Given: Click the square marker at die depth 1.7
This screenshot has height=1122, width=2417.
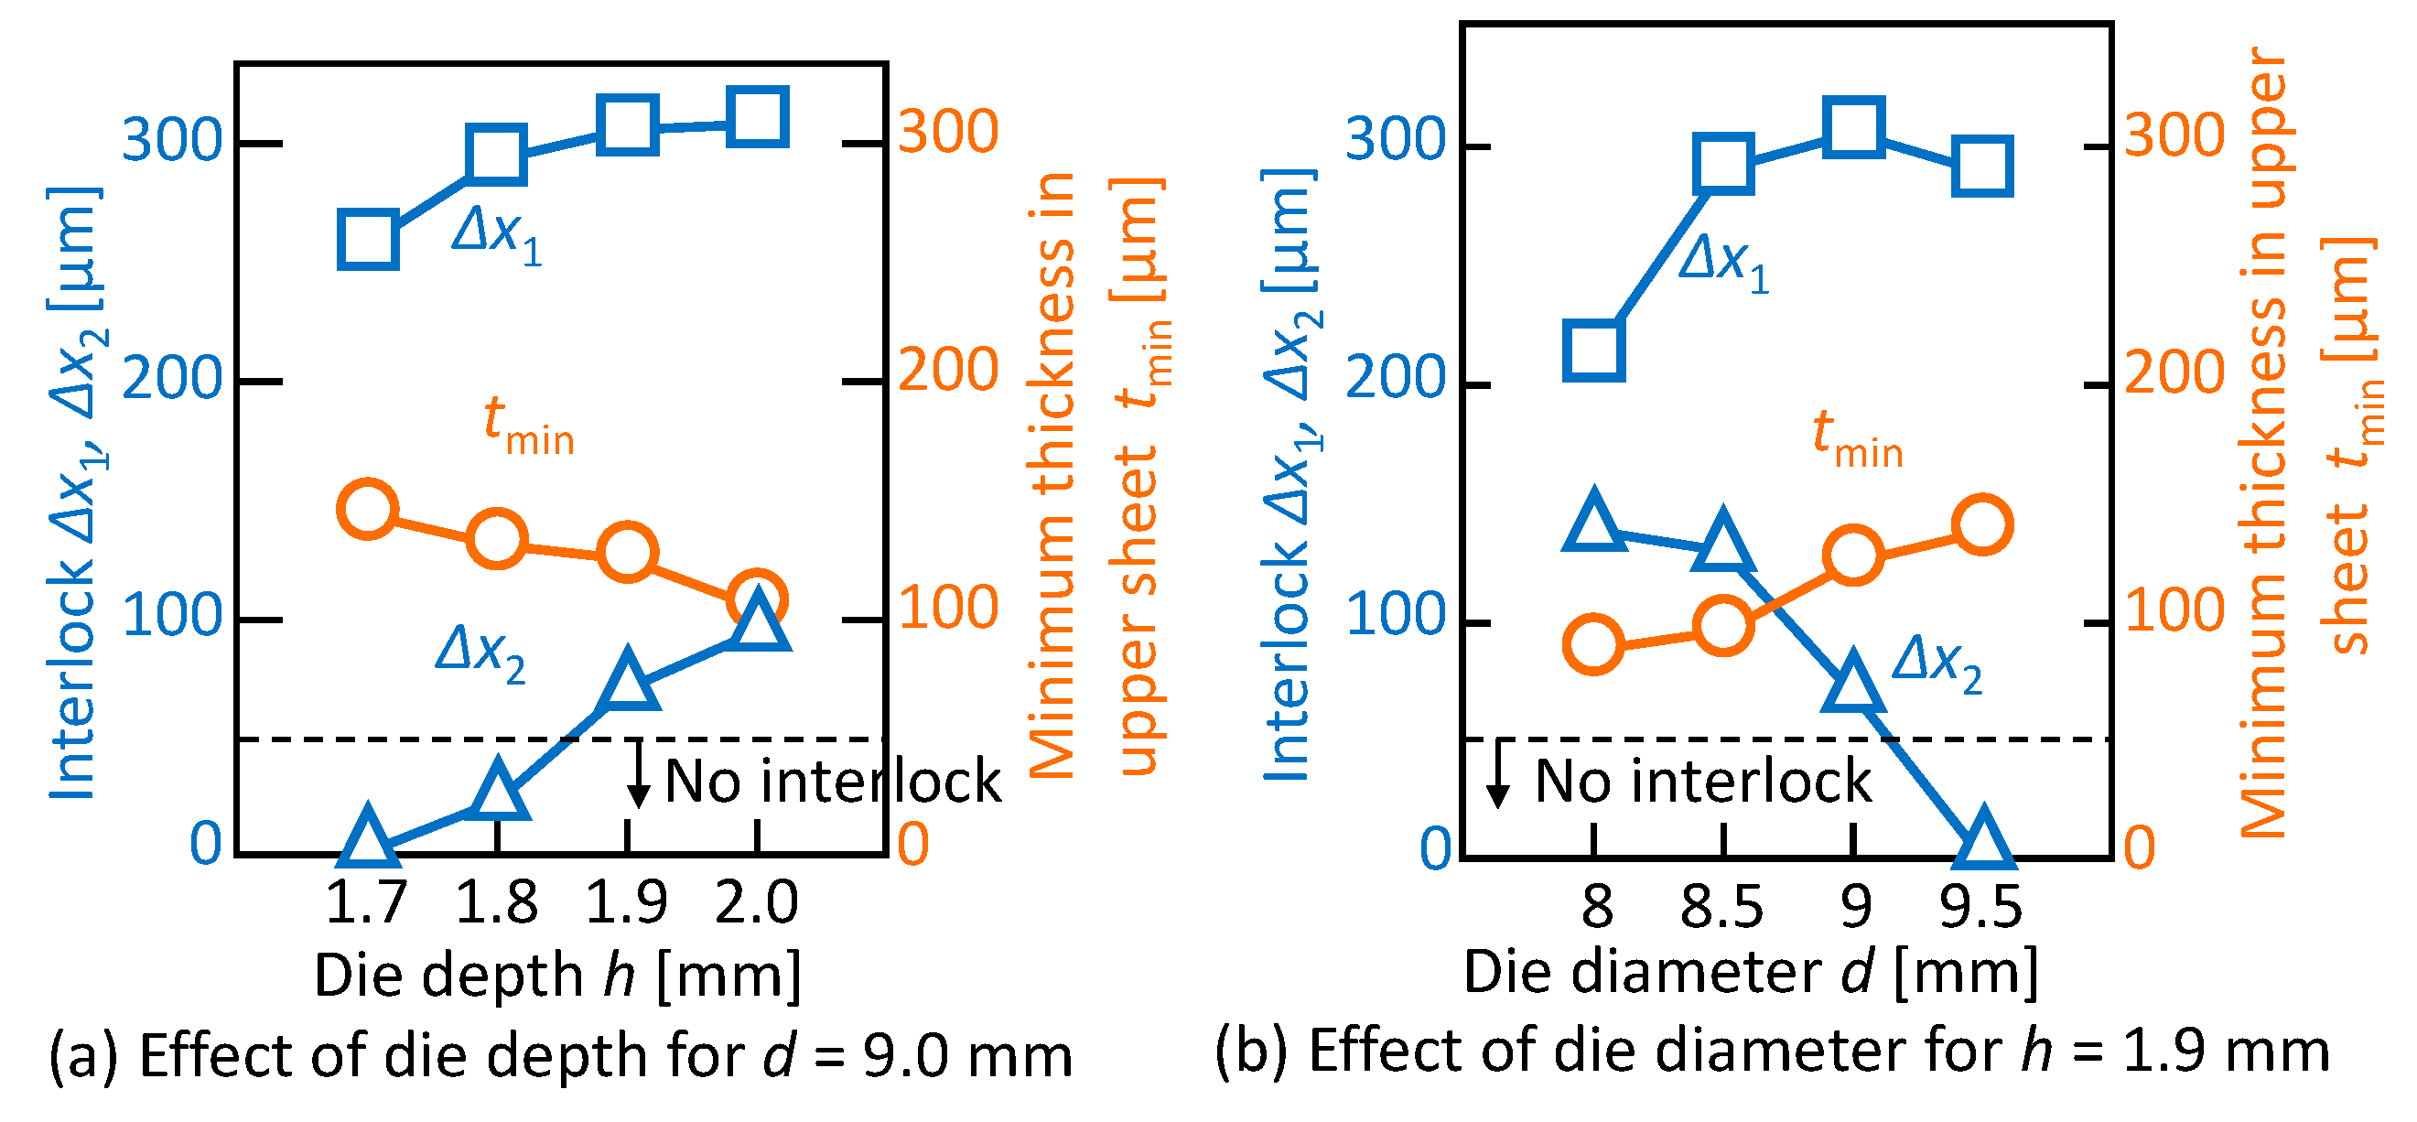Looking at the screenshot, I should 368,239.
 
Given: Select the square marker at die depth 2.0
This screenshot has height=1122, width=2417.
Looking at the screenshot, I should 756,118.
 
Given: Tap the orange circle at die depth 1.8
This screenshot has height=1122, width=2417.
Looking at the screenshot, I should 496,538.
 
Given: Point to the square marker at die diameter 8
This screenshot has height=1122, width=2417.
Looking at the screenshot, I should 1593,350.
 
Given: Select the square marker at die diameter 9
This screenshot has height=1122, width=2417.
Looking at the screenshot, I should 1853,126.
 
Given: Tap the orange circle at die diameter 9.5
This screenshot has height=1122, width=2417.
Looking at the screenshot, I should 1981,525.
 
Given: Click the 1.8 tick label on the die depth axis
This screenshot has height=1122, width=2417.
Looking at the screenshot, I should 496,902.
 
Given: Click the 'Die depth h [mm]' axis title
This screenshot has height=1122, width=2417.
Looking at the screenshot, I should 557,976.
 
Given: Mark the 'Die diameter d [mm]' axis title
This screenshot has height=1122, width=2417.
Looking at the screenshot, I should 1751,972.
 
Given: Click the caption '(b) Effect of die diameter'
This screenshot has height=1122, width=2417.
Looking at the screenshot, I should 1772,1051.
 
